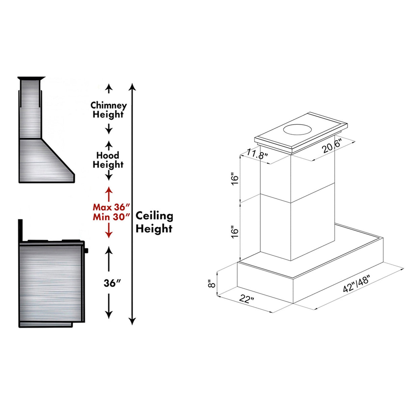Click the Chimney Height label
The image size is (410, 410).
(x=108, y=110)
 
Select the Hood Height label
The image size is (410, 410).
(x=108, y=160)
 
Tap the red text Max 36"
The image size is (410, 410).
(x=111, y=207)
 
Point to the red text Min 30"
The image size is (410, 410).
(x=111, y=217)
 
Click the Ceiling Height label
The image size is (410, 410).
(x=154, y=222)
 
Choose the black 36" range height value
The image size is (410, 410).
(x=112, y=283)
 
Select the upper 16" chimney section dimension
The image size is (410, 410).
(x=235, y=179)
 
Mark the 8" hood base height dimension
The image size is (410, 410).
(x=212, y=283)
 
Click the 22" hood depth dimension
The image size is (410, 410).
(x=247, y=299)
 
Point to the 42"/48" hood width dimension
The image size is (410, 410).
(x=356, y=283)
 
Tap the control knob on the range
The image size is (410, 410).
(x=87, y=251)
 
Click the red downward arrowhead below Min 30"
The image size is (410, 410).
(x=108, y=234)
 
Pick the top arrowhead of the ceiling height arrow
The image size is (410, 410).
(x=133, y=87)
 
